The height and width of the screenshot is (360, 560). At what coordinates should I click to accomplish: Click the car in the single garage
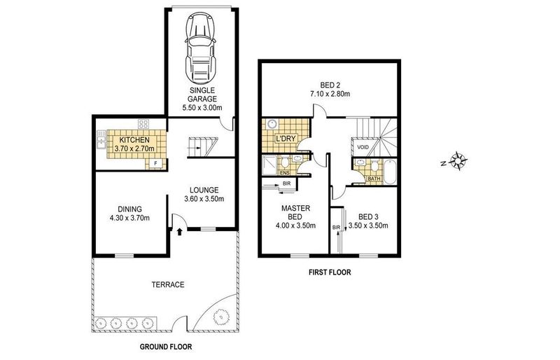point(201,48)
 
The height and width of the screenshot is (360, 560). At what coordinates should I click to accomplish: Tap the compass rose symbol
point(458,160)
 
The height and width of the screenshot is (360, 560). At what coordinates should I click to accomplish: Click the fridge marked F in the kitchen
point(155,164)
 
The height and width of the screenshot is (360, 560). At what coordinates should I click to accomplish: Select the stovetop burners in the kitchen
point(143,124)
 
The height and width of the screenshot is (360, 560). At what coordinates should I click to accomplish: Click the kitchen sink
point(101,139)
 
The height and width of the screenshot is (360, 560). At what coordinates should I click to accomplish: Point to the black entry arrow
point(180,232)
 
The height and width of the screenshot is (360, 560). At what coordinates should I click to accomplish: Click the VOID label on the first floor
point(363,147)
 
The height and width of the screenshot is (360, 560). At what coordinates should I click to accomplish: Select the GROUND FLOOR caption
point(166,347)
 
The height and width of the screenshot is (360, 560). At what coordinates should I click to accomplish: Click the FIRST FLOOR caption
point(330,272)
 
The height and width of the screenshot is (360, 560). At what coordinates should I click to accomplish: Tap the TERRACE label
point(168,285)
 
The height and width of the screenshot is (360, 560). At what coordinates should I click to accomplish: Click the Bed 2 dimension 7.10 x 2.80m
point(330,94)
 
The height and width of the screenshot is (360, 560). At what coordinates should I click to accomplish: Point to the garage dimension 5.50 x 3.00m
point(202,108)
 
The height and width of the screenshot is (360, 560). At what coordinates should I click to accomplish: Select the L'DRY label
point(286,139)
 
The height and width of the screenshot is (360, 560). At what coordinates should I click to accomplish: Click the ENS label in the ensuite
point(285,173)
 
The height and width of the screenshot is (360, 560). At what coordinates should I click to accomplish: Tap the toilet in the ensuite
point(285,162)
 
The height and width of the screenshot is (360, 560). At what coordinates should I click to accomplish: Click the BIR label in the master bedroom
point(286,184)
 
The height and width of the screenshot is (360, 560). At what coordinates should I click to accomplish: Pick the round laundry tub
point(272,124)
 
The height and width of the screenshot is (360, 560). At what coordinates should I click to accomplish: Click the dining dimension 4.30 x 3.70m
point(129,218)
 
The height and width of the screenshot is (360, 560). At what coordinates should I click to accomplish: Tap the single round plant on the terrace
point(220,317)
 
